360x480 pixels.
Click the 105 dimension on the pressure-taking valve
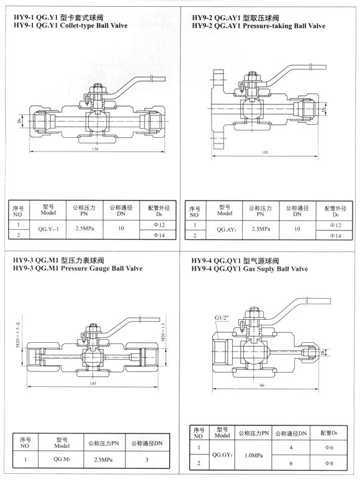tap(264, 152)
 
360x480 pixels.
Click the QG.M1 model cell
tap(61, 460)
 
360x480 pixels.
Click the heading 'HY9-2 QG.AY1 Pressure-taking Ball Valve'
tap(258, 27)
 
